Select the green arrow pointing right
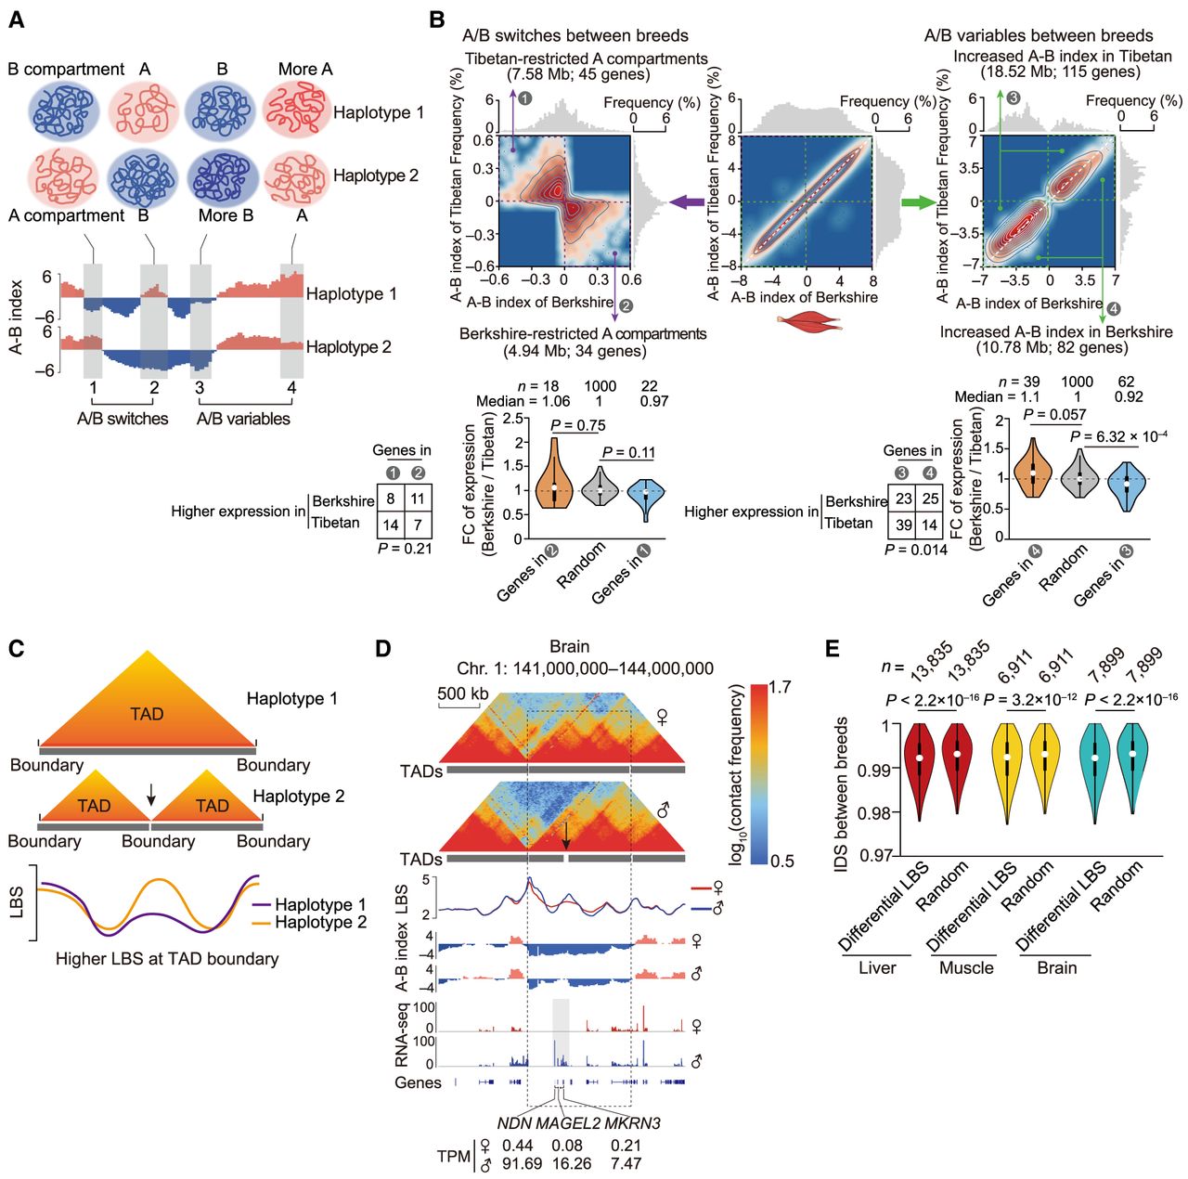click(920, 201)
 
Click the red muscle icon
click(808, 323)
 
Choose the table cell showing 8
click(391, 499)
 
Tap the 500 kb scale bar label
click(463, 693)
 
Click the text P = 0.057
click(1054, 414)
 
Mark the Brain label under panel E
click(1056, 967)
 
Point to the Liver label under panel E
click(876, 967)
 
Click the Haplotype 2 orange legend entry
click(320, 922)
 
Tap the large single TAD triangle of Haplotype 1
click(147, 706)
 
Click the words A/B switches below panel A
click(123, 419)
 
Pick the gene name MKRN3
click(633, 1123)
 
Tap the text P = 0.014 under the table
click(915, 550)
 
